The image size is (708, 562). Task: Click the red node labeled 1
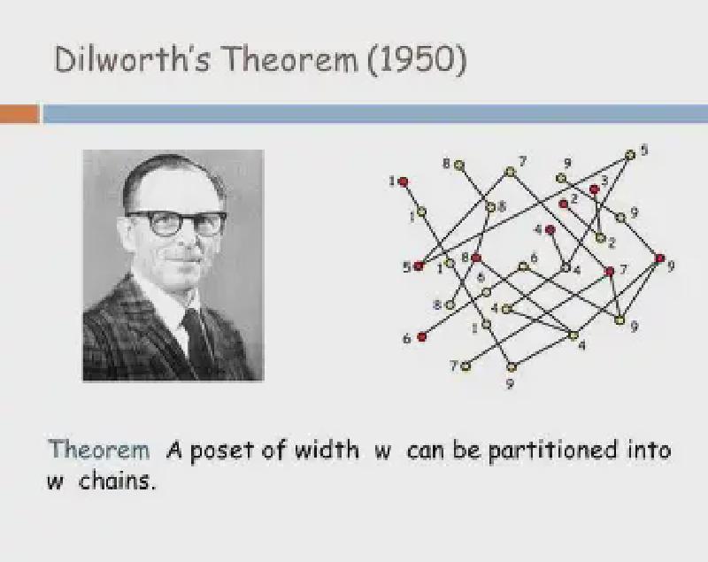click(x=404, y=181)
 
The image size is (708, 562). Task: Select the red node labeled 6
click(x=422, y=336)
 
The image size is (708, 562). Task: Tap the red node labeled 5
click(x=419, y=266)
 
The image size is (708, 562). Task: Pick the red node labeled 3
click(x=595, y=189)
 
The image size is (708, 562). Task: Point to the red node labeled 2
click(x=564, y=204)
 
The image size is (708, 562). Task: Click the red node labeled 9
click(x=659, y=258)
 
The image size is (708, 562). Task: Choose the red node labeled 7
click(x=610, y=271)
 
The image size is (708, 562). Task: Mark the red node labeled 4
click(x=550, y=230)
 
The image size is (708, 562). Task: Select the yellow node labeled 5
click(x=630, y=154)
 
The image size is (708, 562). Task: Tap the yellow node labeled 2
click(x=600, y=237)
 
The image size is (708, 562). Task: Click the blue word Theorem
click(x=99, y=450)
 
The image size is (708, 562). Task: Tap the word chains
click(x=117, y=482)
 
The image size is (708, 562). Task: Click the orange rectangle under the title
click(x=19, y=114)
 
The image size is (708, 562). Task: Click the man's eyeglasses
click(x=176, y=222)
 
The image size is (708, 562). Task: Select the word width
click(x=323, y=450)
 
